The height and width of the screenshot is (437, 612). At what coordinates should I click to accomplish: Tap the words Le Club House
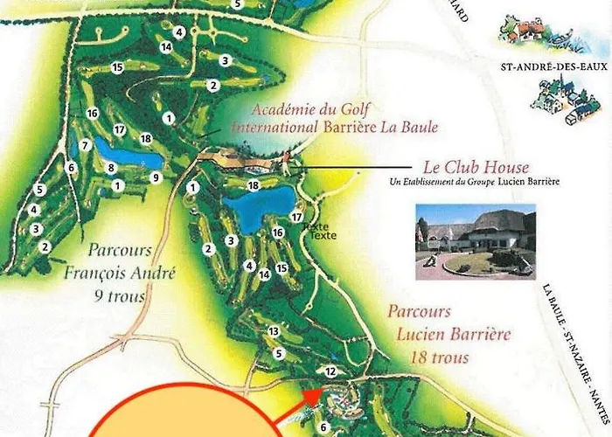[x=476, y=167]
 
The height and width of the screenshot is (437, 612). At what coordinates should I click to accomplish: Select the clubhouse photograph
[x=475, y=241]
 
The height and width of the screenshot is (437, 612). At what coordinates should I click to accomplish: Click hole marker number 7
[x=85, y=145]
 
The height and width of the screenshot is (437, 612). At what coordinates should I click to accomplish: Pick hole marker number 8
[x=111, y=167]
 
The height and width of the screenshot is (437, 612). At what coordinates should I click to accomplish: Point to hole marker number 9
[x=156, y=178]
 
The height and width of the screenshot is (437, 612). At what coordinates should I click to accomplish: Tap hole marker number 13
[x=274, y=331]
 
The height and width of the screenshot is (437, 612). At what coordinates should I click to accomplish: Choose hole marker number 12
[x=330, y=371]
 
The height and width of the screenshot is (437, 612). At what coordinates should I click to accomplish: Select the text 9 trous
[x=121, y=295]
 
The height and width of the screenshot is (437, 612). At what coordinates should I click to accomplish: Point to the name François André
[x=121, y=273]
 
